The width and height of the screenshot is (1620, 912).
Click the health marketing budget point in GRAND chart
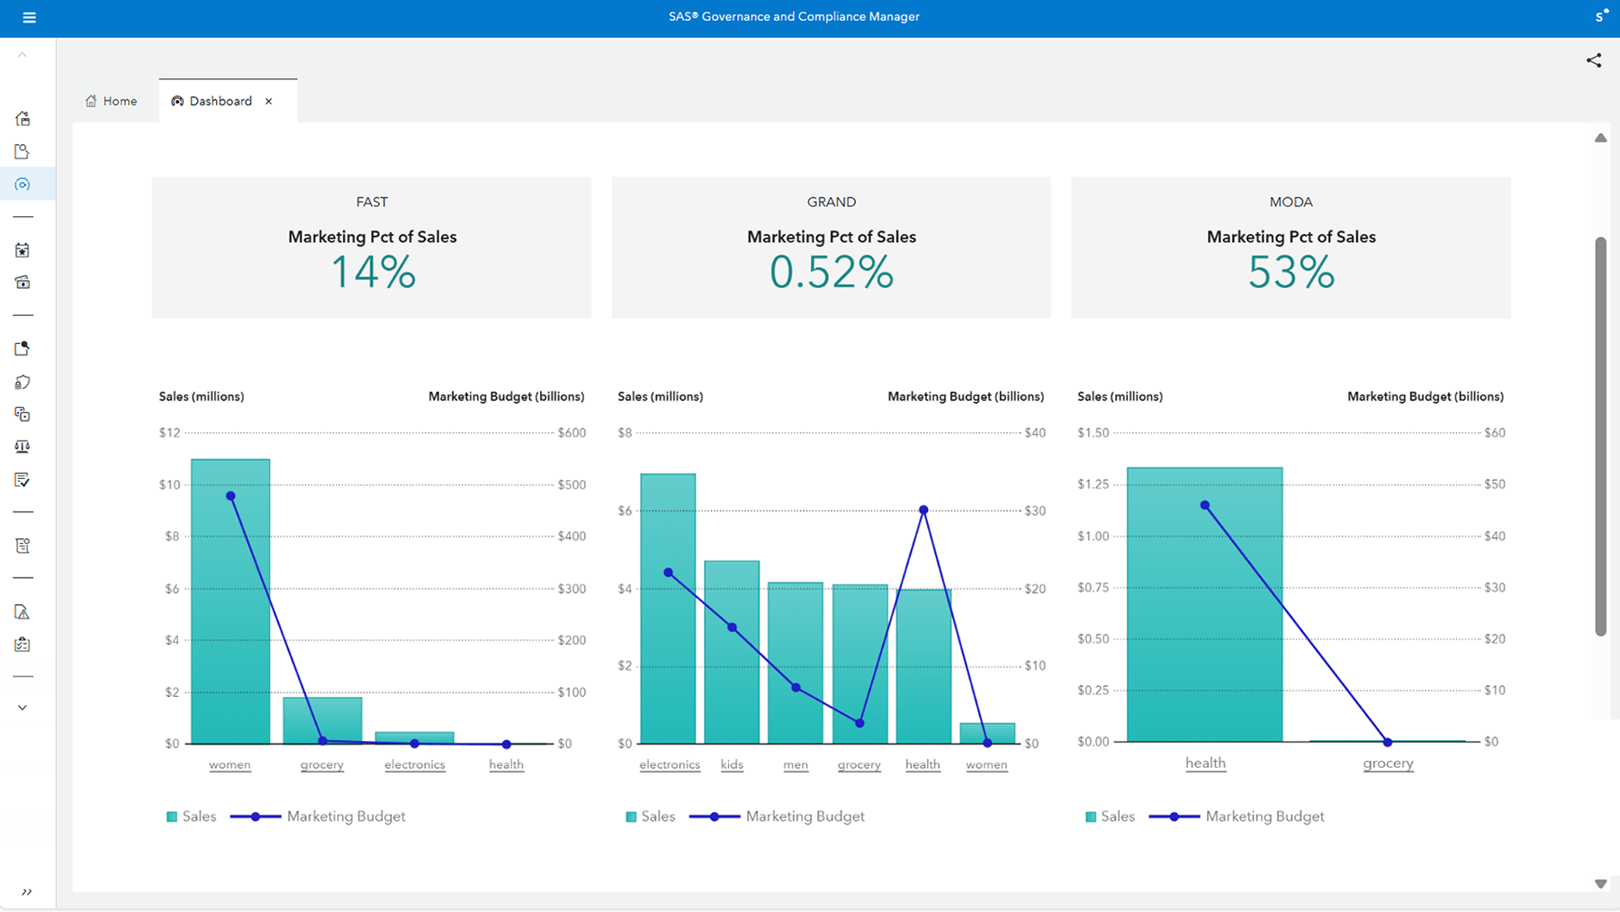923,510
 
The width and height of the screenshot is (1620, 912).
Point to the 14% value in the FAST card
373,272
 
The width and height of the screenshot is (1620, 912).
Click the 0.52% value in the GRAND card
831,272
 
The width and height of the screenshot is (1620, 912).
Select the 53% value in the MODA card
1291,272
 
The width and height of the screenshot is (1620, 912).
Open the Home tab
112,101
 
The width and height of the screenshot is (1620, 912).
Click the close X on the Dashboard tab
269,102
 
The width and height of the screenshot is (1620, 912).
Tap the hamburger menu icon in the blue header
29,17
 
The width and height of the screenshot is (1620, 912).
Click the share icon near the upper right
1594,60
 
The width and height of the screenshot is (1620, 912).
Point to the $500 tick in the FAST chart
571,484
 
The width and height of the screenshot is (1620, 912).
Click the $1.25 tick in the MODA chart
1093,484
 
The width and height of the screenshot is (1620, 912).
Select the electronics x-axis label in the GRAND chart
670,764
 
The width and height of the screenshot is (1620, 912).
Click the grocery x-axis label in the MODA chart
1388,763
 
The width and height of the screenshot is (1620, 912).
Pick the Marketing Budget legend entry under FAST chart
346,817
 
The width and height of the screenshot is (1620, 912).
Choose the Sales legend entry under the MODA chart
1117,817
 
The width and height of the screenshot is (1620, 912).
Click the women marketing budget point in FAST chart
230,496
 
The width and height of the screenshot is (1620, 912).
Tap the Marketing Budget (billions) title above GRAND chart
966,396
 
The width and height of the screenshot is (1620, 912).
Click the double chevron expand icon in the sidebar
27,892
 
